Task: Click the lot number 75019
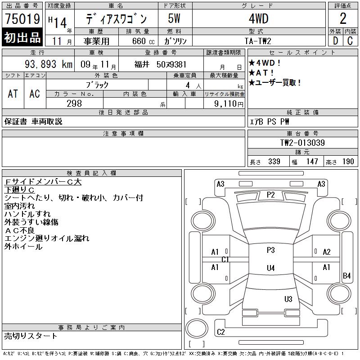coord(22,18)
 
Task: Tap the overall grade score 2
coord(343,18)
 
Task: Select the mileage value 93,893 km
coord(49,64)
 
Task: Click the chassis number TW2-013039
coord(302,143)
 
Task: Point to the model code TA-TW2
coord(258,41)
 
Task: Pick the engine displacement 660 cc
coord(143,41)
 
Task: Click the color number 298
coord(74,103)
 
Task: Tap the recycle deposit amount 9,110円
coord(229,104)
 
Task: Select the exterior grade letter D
coord(335,41)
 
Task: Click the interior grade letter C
coord(350,41)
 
